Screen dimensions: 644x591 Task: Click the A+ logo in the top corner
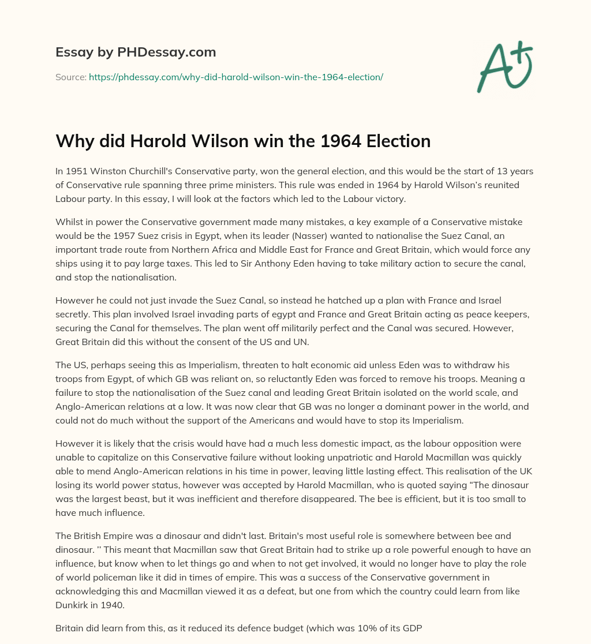[504, 67]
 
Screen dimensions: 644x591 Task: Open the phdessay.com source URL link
[235, 76]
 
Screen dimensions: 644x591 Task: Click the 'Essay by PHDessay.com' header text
[136, 53]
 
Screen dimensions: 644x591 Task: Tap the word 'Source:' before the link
[70, 76]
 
